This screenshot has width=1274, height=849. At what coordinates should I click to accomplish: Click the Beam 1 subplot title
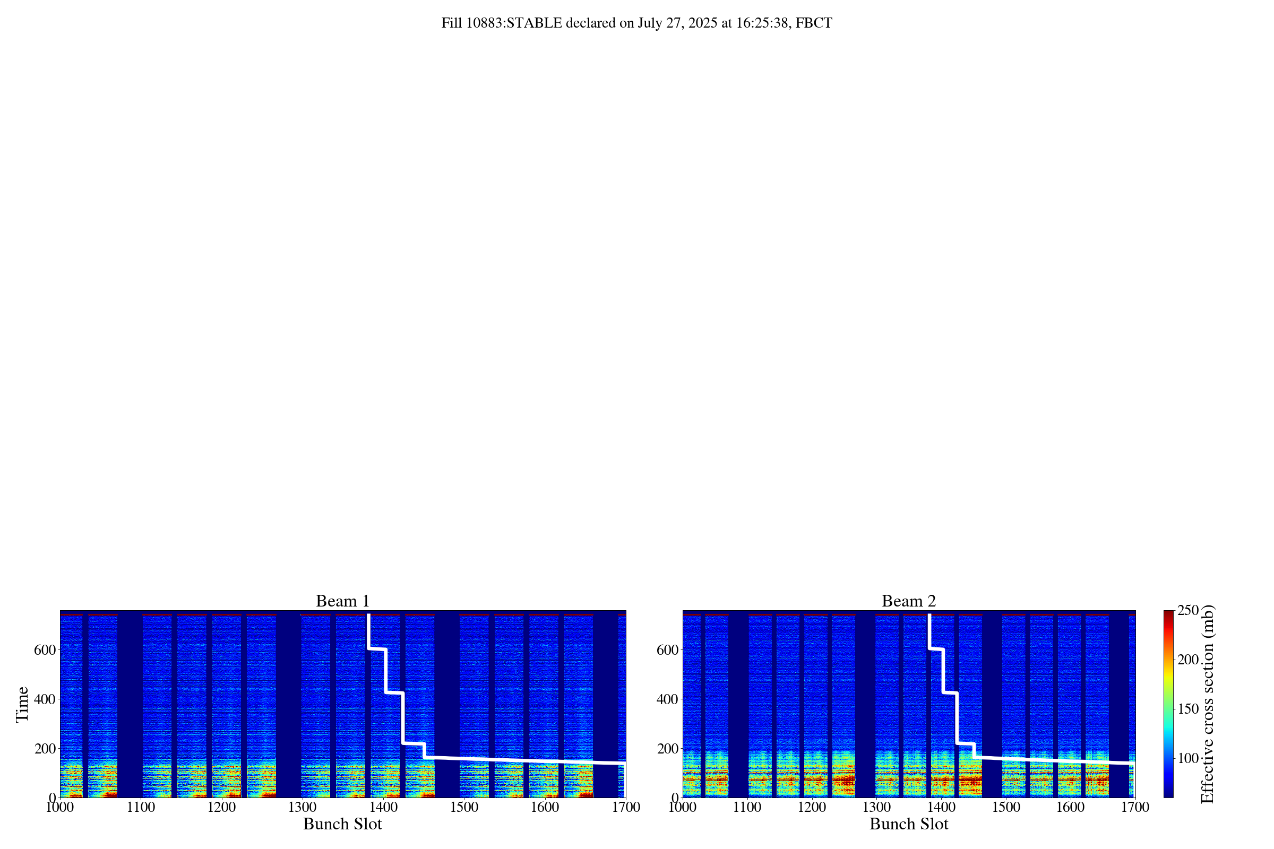coord(342,601)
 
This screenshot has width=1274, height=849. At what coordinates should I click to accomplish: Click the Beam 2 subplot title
coord(908,601)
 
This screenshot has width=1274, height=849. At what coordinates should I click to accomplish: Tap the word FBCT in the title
coord(814,23)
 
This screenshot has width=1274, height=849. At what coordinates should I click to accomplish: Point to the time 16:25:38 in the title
coord(762,23)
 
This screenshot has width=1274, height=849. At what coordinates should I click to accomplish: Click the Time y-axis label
coord(22,704)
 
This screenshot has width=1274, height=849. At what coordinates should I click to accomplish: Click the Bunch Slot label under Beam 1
coord(342,824)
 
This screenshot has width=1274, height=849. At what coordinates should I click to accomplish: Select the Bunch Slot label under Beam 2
coord(908,824)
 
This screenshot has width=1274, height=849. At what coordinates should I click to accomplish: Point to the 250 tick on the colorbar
coord(1188,610)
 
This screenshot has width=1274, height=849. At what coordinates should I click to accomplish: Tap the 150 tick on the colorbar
coord(1188,709)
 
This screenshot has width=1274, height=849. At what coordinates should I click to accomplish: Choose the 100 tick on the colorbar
coord(1188,758)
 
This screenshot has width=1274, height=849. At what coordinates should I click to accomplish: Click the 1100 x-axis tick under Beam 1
coord(141,807)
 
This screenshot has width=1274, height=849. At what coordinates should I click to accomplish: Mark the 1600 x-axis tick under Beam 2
coord(1070,807)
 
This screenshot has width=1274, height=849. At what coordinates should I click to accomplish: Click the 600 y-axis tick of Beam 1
coord(45,649)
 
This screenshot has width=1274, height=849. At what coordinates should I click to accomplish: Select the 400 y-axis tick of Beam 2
coord(667,699)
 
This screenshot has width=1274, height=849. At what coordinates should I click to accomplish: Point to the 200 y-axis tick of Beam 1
coord(45,748)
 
